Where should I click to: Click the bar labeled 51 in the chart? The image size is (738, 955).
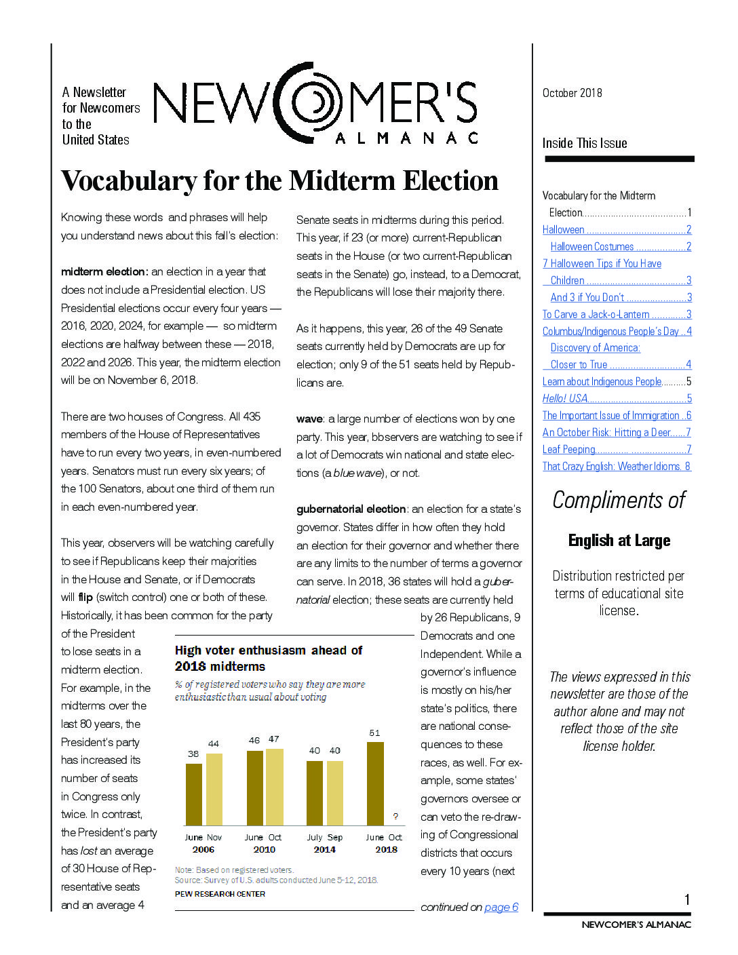point(375,783)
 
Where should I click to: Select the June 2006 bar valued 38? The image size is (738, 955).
point(194,794)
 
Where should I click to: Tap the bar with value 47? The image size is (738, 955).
point(274,787)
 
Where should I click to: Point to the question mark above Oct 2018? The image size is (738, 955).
point(395,816)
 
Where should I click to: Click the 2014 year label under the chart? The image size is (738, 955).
point(324,849)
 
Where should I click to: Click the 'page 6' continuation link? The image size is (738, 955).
point(501,907)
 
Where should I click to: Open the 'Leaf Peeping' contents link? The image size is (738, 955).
point(569,449)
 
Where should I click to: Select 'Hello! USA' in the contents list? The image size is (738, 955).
point(565,398)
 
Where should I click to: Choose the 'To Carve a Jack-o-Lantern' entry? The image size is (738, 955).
point(596,314)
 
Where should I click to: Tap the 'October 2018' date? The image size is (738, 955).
point(572,93)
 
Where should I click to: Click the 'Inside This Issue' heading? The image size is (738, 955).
point(585,143)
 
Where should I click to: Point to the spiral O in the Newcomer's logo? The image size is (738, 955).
point(313,103)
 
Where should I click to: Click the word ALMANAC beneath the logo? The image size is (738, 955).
point(406,138)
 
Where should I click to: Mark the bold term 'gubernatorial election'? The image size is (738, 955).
point(351,509)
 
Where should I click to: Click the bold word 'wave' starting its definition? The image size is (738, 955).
point(309,418)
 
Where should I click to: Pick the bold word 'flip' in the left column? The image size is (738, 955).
point(85,598)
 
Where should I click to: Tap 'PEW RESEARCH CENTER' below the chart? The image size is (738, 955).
point(220,894)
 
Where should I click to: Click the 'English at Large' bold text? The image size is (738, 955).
point(619,541)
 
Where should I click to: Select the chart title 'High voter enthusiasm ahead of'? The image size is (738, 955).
point(269,650)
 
